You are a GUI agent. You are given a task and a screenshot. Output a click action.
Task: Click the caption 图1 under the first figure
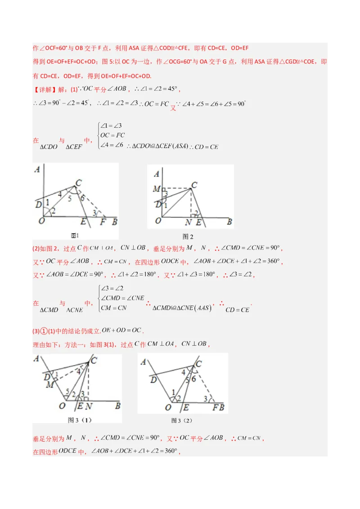[75, 235]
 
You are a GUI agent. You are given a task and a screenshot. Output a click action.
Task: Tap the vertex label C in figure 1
[78, 183]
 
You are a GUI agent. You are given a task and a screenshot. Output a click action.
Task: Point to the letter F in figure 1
[103, 222]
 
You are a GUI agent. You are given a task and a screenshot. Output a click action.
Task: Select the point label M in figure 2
[156, 189]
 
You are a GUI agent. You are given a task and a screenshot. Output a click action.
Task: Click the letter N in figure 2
[188, 222]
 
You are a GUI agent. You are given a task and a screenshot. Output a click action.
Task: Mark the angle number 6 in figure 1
[82, 197]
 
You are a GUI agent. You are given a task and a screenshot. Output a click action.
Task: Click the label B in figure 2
[229, 222]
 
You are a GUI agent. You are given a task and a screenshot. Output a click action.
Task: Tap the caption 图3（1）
[80, 420]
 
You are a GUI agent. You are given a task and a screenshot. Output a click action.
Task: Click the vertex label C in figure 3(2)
[198, 364]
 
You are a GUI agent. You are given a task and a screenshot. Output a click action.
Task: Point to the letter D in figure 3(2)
[154, 380]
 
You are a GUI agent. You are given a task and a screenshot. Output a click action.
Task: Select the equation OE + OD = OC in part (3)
[121, 330]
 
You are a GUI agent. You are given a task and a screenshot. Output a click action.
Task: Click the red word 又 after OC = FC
[173, 108]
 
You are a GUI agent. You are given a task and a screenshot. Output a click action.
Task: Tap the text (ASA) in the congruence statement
[180, 146]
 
